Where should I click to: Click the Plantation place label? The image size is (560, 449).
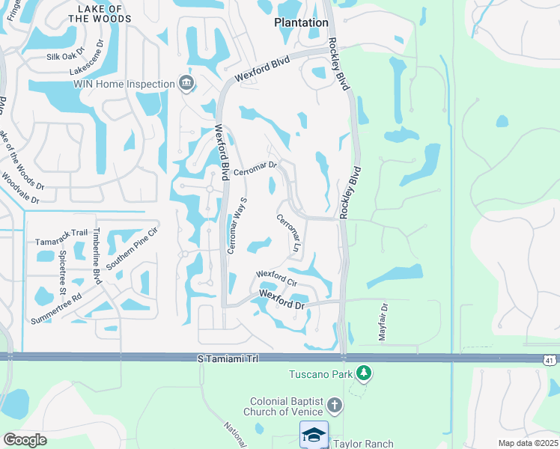pos(301,22)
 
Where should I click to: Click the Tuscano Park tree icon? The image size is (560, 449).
pos(363,372)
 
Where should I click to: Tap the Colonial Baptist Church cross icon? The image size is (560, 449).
pos(335,406)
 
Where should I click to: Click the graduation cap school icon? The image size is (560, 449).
pos(314,435)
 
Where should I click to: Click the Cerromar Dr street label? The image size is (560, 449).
pos(255,169)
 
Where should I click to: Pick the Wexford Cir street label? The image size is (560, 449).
pos(277,278)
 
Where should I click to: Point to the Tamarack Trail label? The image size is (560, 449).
pos(62,242)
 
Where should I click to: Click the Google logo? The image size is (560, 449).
pos(25,440)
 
